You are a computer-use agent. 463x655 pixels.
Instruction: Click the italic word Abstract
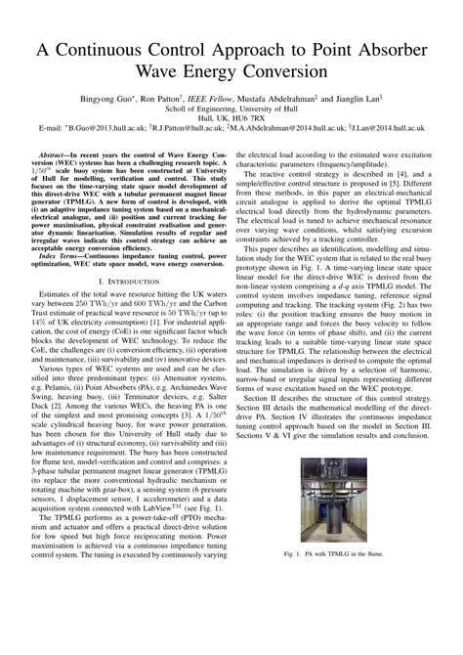click(58, 155)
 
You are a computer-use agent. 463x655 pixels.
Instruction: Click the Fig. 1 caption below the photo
click(352, 554)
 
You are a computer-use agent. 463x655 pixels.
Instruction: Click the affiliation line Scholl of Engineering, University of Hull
click(231, 109)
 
